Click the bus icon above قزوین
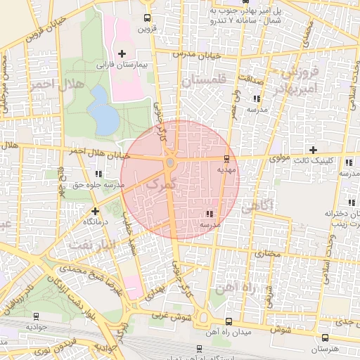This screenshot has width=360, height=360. (146, 18)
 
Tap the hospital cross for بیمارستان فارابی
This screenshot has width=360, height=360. (122, 53)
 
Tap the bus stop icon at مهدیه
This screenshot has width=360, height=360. (226, 159)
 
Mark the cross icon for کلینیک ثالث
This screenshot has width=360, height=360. (314, 149)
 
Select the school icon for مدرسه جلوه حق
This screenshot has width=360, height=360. (98, 174)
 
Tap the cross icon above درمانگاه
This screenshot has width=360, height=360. (95, 210)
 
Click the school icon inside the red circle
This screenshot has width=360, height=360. (209, 214)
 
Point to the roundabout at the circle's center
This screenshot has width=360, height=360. (170, 164)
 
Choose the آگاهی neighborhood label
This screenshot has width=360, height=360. (260, 208)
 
